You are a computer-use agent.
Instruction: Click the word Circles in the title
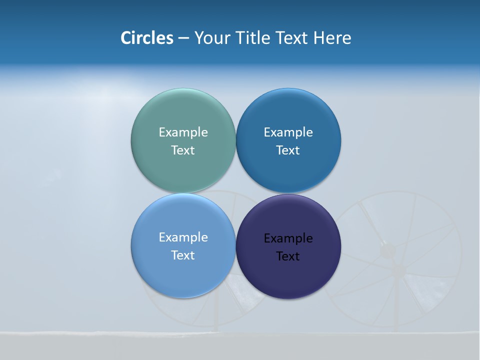147,38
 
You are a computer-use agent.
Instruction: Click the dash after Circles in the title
183,38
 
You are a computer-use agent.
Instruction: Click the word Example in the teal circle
183,132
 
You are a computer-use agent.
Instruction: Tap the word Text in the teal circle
183,150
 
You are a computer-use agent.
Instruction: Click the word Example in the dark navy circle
288,238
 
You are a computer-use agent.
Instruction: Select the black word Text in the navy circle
288,256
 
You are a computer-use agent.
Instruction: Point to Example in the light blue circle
183,237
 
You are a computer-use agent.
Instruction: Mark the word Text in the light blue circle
183,255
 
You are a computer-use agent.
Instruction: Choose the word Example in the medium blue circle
288,132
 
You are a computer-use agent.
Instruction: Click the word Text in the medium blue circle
288,150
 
